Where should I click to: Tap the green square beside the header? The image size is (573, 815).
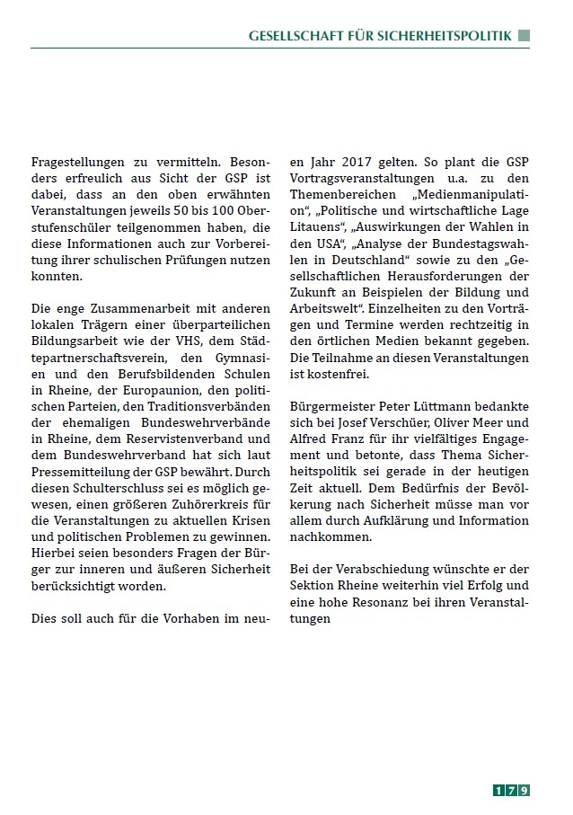click(x=524, y=36)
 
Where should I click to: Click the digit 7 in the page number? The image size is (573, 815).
click(x=512, y=791)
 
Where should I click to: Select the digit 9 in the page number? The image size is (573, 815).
click(x=524, y=791)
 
